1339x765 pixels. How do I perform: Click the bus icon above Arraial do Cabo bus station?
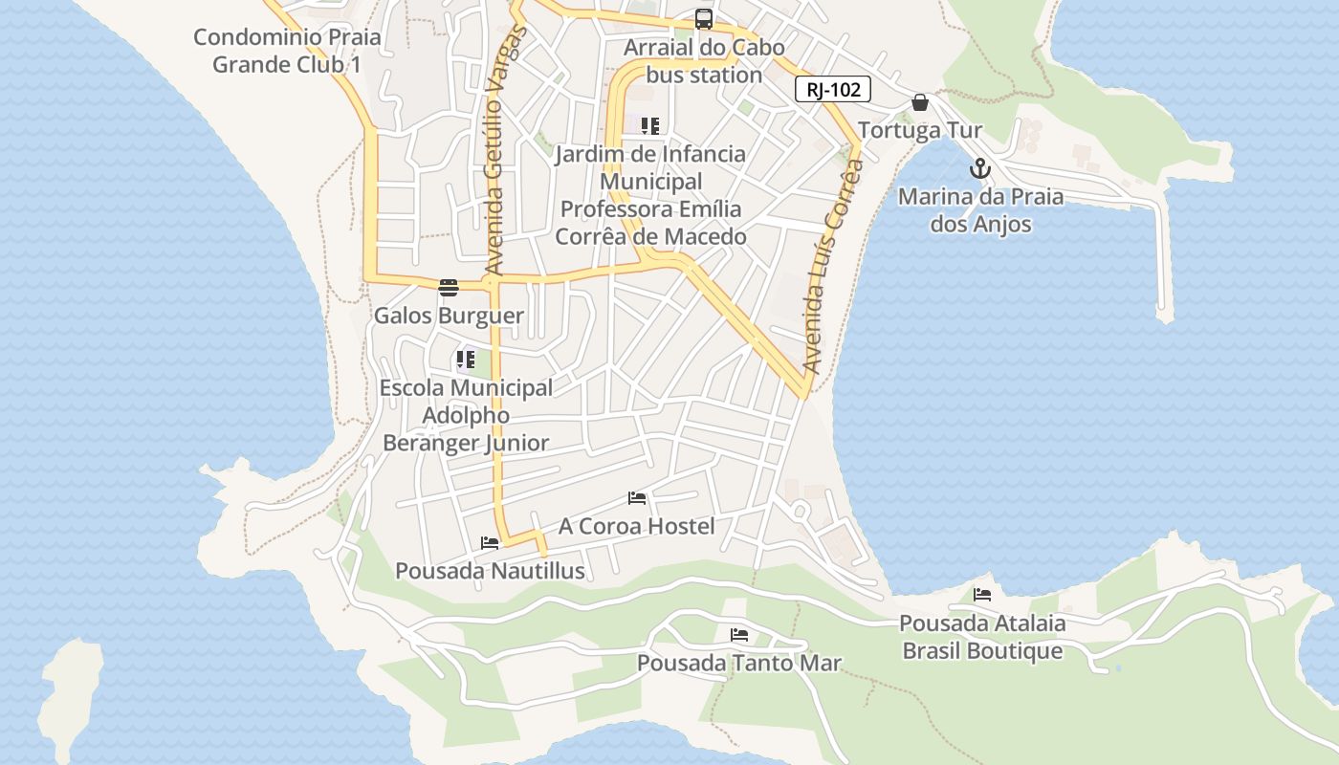click(x=703, y=19)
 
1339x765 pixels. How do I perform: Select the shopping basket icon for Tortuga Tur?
click(x=920, y=102)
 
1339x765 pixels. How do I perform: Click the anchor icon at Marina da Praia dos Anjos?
click(x=979, y=169)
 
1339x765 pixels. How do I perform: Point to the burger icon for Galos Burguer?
click(x=448, y=288)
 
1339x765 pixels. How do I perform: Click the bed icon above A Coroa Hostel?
click(x=637, y=498)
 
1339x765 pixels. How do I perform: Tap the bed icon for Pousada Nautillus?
click(x=490, y=543)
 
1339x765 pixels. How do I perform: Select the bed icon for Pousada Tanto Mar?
click(x=738, y=634)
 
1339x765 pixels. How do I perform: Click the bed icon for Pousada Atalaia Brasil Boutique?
click(x=982, y=594)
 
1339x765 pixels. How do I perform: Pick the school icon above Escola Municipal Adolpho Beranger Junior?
click(x=466, y=361)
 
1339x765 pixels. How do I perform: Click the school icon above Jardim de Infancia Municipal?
click(x=650, y=126)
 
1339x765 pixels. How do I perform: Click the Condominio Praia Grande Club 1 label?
click(x=287, y=51)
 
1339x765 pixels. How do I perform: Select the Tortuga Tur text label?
click(x=920, y=130)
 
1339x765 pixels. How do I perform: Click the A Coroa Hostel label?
click(x=636, y=526)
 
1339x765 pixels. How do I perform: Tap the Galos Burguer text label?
click(x=449, y=316)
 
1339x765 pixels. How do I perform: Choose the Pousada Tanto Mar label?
click(x=738, y=663)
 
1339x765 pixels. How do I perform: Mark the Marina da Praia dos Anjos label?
click(x=980, y=210)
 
